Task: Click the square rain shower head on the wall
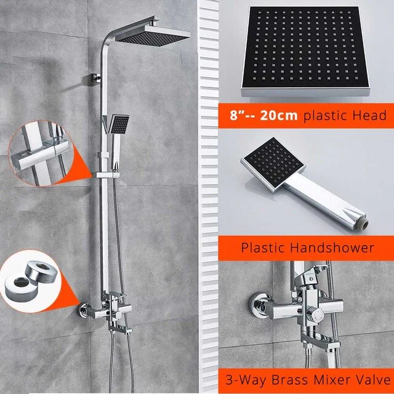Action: click(x=152, y=35)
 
